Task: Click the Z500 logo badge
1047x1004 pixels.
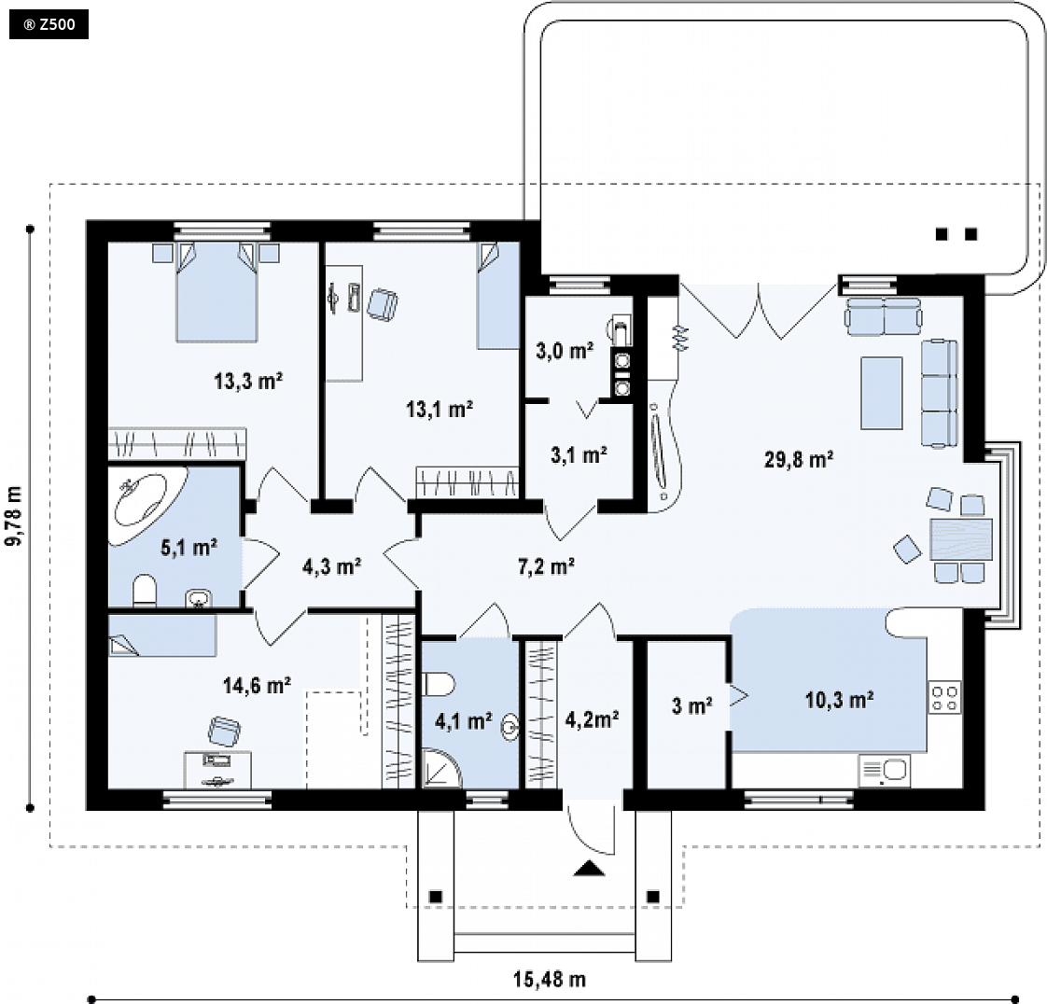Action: [x=49, y=25]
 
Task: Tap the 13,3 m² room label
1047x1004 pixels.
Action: [x=248, y=382]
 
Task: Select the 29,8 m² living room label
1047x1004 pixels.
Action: [x=799, y=459]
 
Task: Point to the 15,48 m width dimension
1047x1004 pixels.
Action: [x=550, y=980]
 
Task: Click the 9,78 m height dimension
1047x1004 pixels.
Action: [x=14, y=516]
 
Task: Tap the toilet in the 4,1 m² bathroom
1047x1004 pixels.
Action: [x=440, y=684]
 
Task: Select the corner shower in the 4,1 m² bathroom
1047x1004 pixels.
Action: [x=441, y=768]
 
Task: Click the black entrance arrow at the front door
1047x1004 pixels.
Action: [x=589, y=868]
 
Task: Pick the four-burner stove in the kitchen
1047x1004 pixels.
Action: [x=945, y=697]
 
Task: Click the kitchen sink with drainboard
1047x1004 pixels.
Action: [x=884, y=771]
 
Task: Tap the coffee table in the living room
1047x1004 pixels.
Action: [x=882, y=393]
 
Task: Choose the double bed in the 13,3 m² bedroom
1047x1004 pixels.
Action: [x=216, y=292]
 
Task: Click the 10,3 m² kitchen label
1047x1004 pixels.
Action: [x=839, y=700]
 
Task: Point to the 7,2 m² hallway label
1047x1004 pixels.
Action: [x=546, y=566]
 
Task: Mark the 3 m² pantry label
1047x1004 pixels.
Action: [x=691, y=705]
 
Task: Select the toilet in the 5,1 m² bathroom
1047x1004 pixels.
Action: [x=145, y=592]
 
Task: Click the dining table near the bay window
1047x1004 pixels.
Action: [x=961, y=539]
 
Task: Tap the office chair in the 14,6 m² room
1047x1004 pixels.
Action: [x=224, y=732]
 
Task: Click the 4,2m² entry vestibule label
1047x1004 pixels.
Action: [x=592, y=719]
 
